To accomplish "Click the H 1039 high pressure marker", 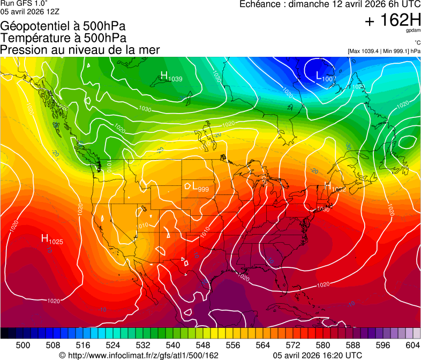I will click(x=171, y=77).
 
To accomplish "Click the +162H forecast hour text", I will click(x=392, y=20).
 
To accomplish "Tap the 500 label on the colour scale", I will click(x=23, y=345).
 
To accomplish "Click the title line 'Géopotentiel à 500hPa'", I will click(x=63, y=26).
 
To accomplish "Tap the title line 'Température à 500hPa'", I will click(x=63, y=38).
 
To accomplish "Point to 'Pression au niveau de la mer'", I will click(x=80, y=50).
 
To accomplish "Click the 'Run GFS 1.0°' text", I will click(x=24, y=4).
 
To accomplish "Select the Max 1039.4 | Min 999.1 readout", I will click(x=384, y=51).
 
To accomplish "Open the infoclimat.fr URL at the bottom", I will click(x=139, y=355).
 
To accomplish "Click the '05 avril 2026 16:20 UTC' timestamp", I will click(x=317, y=355).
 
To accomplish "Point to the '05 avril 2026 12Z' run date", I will click(x=30, y=11).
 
